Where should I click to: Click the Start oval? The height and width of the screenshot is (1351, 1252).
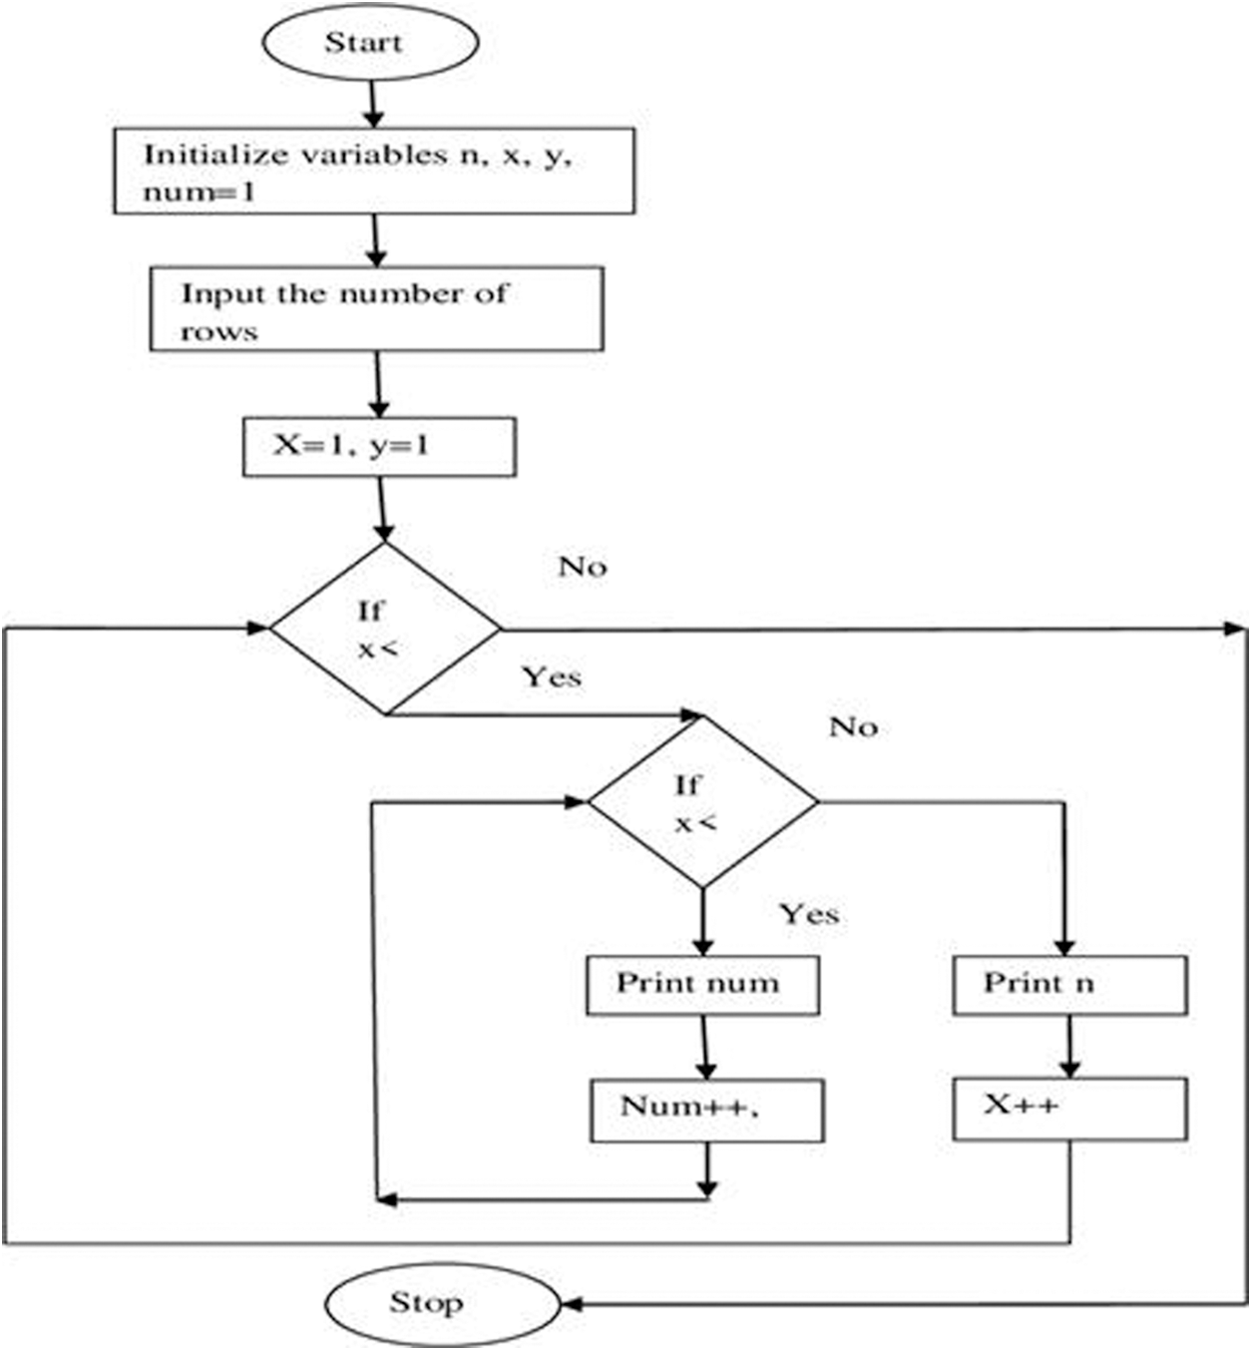370,43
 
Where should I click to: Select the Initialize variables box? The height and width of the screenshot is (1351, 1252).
374,171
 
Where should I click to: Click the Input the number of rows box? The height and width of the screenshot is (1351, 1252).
376,308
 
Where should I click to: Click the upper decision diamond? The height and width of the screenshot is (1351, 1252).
385,629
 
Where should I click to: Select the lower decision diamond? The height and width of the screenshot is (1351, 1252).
702,801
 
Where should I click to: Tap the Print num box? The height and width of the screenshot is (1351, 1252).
702,985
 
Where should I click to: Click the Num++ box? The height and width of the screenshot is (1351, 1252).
706,1109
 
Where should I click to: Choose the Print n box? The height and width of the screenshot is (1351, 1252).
1069,985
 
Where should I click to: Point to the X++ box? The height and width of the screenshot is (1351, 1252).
1069,1108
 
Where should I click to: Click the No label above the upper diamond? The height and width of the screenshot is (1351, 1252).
583,567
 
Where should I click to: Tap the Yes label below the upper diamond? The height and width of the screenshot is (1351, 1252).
552,677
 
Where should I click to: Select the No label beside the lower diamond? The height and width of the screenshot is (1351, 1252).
853,727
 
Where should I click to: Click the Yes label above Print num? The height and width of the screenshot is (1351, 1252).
808,914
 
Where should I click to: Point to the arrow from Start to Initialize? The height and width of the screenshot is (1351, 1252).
372,104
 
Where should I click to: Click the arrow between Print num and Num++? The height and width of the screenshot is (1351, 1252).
704,1047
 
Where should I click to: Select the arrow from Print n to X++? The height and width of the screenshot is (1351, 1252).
1069,1047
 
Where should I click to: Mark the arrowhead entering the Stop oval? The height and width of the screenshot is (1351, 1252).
572,1303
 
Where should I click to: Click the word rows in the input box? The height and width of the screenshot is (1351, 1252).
218,331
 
